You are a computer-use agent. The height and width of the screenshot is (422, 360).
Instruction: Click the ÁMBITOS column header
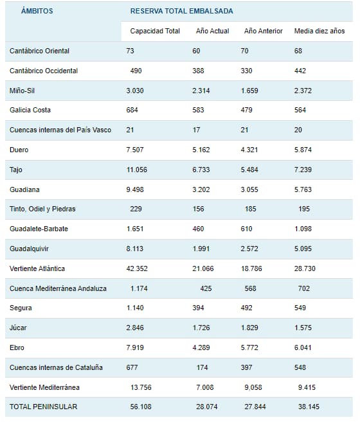click(37, 11)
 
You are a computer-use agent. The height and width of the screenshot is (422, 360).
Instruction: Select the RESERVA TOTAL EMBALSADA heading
click(182, 11)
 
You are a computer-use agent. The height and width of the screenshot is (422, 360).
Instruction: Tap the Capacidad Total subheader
click(155, 31)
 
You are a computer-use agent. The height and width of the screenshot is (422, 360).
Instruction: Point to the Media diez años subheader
click(319, 31)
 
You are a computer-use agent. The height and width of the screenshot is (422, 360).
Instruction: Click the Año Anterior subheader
click(264, 31)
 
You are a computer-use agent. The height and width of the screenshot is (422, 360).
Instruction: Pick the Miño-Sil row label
click(22, 91)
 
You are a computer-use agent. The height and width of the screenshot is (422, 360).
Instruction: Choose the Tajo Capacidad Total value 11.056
click(137, 170)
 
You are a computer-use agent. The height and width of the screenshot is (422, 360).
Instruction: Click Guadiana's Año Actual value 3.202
click(201, 189)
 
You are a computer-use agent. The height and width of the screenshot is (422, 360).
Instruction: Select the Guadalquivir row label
click(29, 249)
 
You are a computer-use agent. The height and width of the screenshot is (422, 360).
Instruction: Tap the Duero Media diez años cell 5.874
click(303, 150)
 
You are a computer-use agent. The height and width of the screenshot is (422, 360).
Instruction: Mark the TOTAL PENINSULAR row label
click(43, 407)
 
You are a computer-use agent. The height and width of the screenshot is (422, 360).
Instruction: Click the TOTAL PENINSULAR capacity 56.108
click(141, 407)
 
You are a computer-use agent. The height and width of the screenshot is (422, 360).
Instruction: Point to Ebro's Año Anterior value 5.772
click(249, 347)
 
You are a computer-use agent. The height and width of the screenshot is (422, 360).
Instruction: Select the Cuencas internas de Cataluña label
click(56, 367)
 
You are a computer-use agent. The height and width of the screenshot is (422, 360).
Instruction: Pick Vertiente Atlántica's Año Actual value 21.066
click(203, 268)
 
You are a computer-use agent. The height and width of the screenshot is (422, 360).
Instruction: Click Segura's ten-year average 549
click(300, 308)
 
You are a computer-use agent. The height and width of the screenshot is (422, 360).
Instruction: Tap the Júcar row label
click(18, 328)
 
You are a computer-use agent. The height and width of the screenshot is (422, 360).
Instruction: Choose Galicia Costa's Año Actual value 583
click(198, 110)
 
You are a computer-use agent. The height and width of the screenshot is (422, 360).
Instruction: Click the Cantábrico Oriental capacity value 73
click(130, 51)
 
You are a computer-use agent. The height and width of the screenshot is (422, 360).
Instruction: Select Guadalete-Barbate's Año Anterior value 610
click(247, 229)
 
